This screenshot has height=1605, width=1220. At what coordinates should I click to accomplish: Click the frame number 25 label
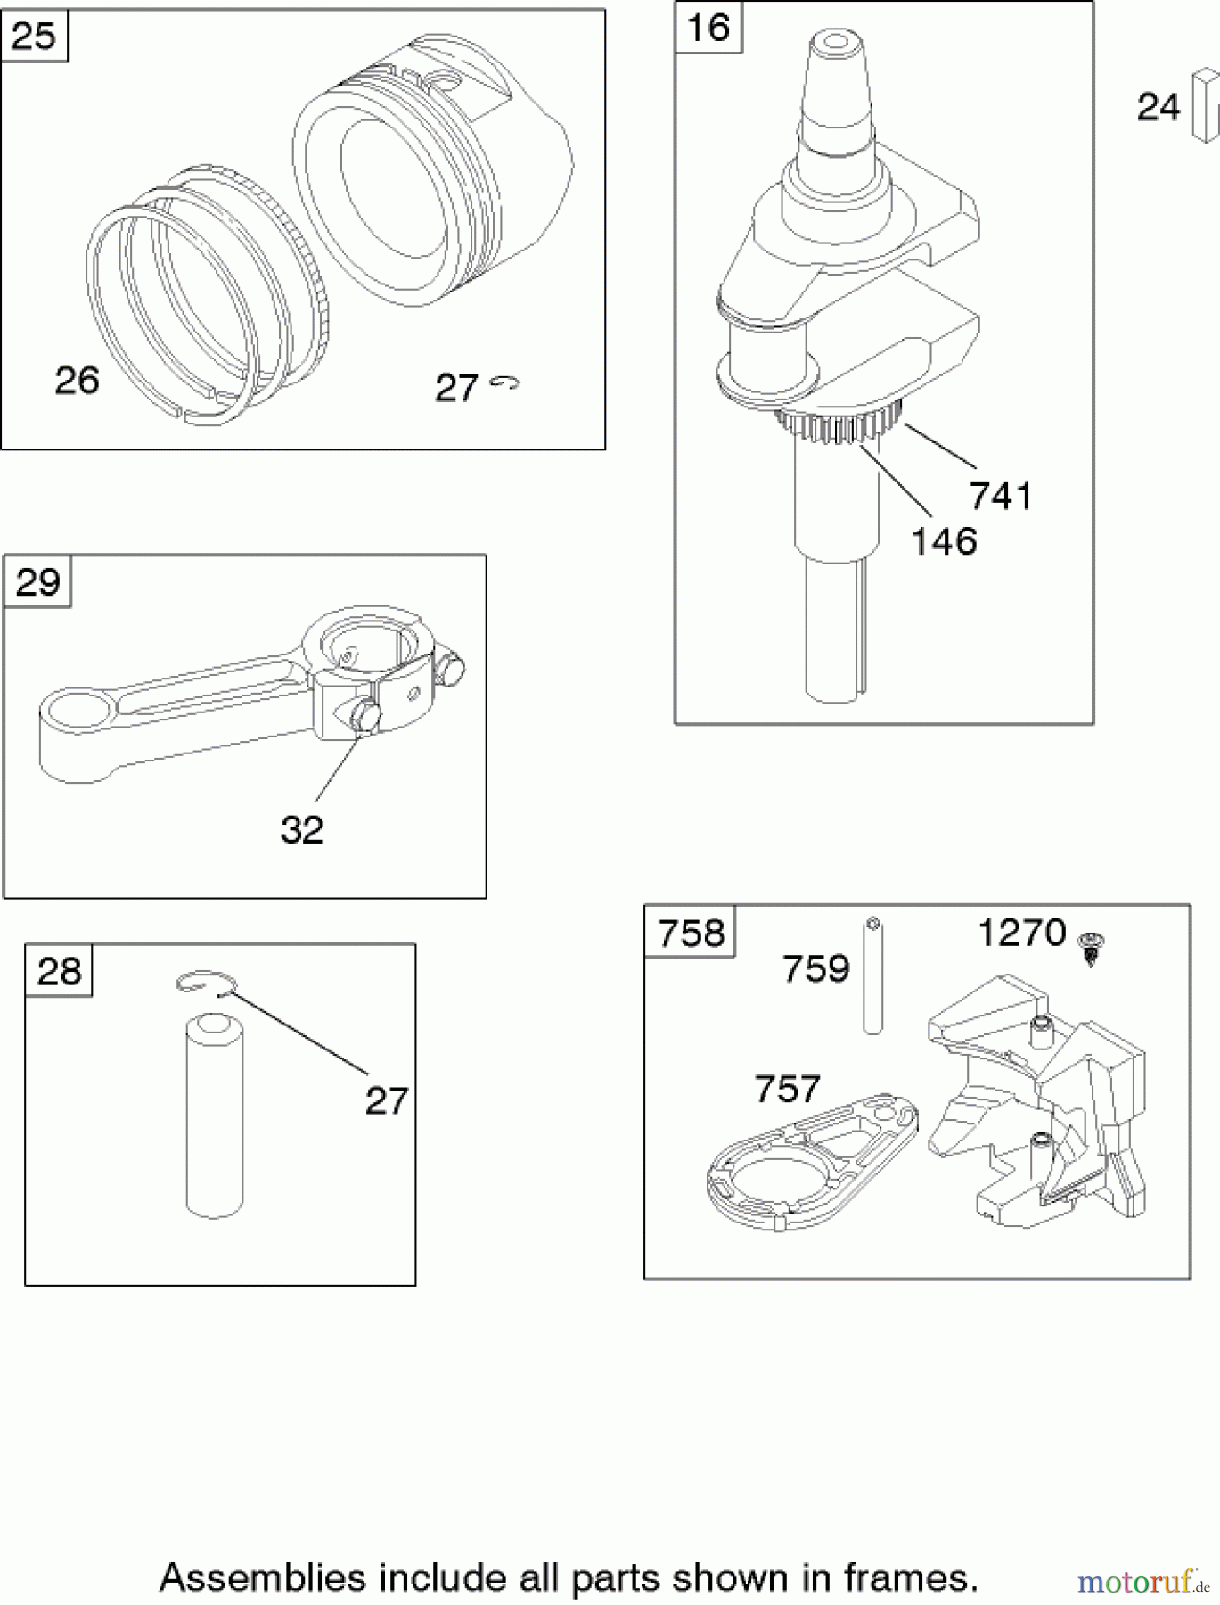tap(34, 37)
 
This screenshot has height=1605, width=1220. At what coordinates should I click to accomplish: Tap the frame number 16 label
tap(708, 28)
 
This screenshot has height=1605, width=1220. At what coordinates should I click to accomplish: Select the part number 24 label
tap(1159, 107)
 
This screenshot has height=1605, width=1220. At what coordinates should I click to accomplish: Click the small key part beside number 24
tap(1204, 106)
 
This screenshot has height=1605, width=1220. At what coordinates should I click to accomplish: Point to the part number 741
tap(1000, 496)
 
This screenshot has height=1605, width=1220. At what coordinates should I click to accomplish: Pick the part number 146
tap(944, 541)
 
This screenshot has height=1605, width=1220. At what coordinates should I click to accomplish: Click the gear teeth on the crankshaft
tap(838, 425)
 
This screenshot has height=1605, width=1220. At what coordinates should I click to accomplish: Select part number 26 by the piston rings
tap(77, 381)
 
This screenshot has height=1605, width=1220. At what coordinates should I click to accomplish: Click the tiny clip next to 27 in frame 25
tap(505, 383)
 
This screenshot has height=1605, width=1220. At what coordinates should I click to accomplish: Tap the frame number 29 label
tap(37, 582)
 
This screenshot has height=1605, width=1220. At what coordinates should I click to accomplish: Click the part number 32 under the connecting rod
tap(301, 830)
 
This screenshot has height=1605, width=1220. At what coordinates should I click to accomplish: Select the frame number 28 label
tap(59, 971)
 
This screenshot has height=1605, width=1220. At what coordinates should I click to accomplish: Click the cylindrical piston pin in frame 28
tap(215, 1116)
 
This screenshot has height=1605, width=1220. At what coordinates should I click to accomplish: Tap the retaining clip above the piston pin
tap(204, 982)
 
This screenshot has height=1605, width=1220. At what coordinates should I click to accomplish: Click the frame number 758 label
tap(691, 934)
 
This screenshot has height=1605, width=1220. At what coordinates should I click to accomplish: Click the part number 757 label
tap(786, 1090)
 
